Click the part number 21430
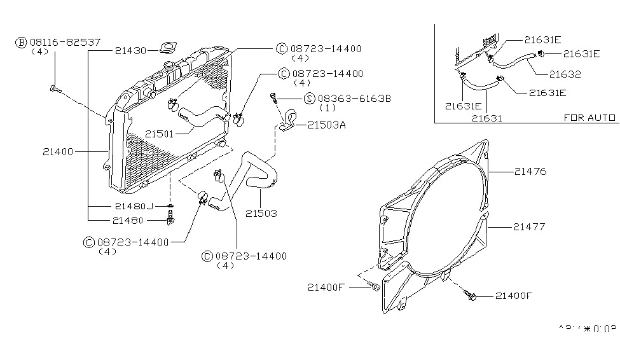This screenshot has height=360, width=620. click(130, 50)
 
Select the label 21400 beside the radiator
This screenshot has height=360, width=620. click(59, 152)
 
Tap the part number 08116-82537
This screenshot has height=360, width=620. click(64, 42)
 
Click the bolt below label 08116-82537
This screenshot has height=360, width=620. click(53, 89)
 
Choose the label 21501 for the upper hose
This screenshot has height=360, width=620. click(160, 134)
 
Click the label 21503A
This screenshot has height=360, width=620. click(326, 125)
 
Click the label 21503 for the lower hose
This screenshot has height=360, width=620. click(261, 214)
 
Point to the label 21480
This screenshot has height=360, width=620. click(130, 220)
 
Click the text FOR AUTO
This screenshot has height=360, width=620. click(589, 118)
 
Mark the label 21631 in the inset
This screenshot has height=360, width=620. click(486, 118)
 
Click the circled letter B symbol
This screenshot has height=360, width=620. click(20, 43)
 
